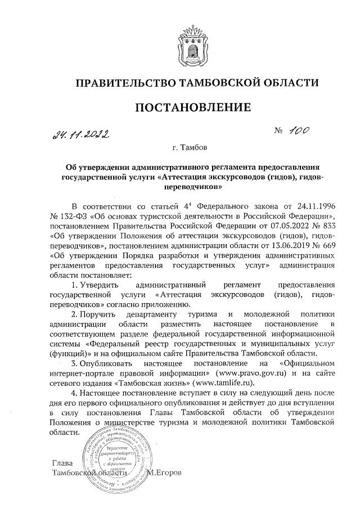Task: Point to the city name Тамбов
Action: click(193, 148)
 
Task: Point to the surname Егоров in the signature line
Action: click(166, 471)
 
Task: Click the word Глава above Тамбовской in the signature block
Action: click(62, 462)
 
